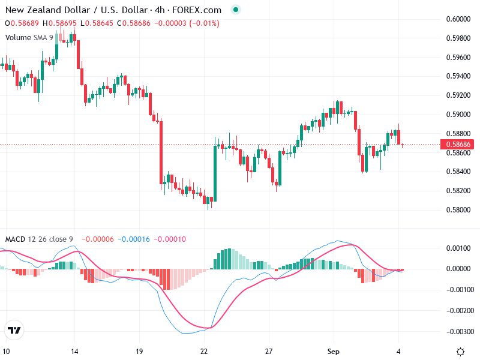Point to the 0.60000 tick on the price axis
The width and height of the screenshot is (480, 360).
pyautogui.click(x=458, y=19)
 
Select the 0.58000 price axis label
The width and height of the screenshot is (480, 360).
pyautogui.click(x=458, y=210)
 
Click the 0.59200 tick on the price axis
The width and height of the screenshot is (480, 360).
pyautogui.click(x=458, y=95)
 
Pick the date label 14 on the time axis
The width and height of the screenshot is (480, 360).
pyautogui.click(x=74, y=352)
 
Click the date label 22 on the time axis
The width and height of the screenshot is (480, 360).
pyautogui.click(x=204, y=352)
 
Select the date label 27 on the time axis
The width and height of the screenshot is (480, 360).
pyautogui.click(x=269, y=352)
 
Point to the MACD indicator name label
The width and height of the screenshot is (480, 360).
pyautogui.click(x=15, y=239)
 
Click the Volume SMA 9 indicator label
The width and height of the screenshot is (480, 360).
pyautogui.click(x=29, y=37)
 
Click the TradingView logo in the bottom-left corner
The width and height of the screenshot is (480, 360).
pyautogui.click(x=14, y=330)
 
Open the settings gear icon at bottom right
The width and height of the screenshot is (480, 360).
pyautogui.click(x=460, y=352)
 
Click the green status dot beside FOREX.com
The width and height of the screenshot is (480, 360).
pyautogui.click(x=235, y=10)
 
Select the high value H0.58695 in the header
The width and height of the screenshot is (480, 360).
pyautogui.click(x=60, y=23)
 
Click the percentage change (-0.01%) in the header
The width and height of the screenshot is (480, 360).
pyautogui.click(x=204, y=23)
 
